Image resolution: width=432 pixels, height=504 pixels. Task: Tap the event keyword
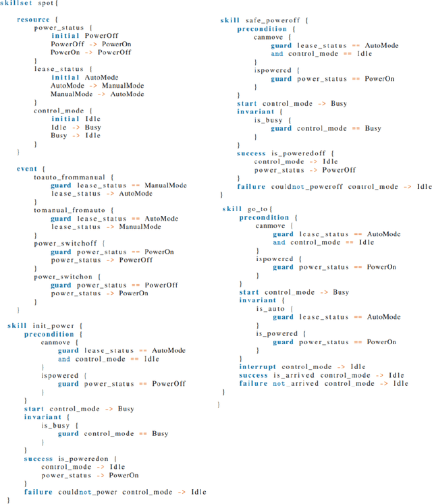click(26, 169)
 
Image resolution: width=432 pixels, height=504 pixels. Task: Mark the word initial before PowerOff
click(65, 35)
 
